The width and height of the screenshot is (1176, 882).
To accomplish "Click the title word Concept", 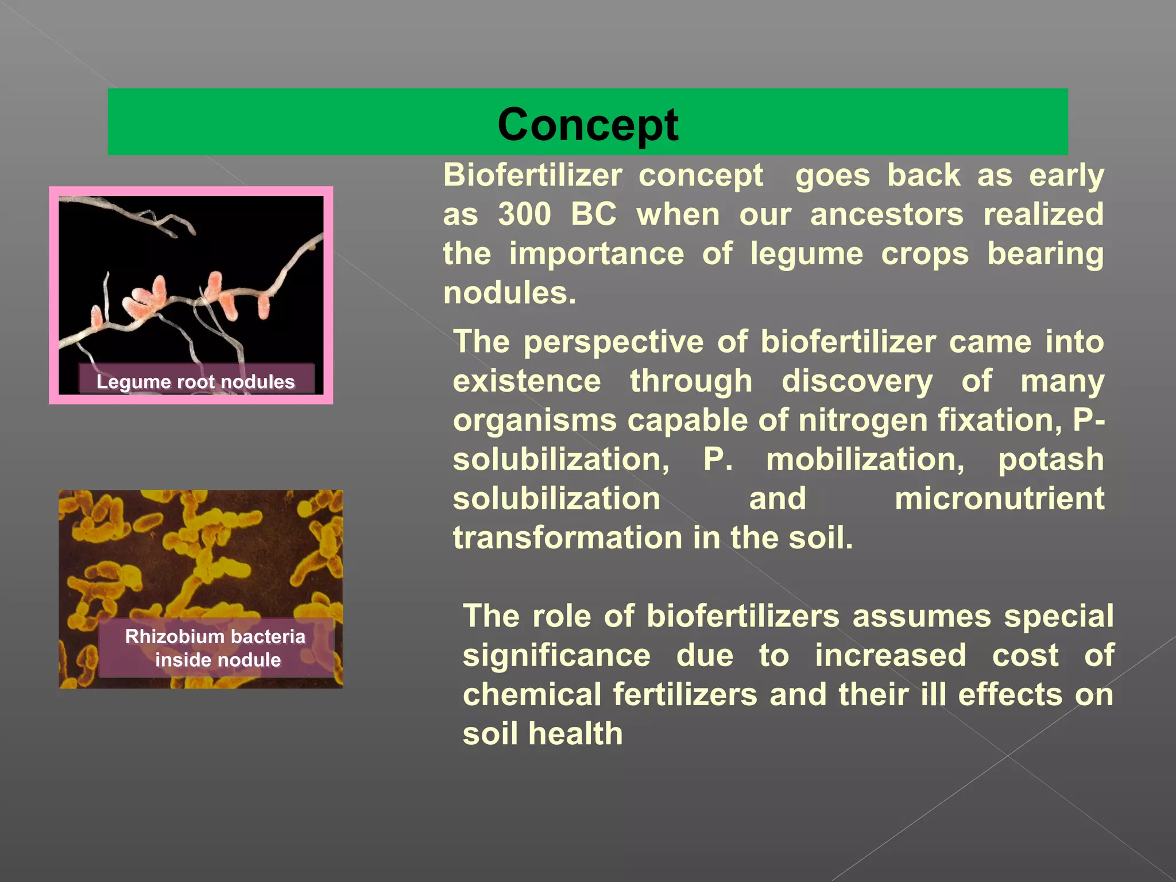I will pos(587,125).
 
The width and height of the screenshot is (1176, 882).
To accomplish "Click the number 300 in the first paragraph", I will pos(524,214).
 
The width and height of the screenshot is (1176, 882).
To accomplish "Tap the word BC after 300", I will pos(593,214).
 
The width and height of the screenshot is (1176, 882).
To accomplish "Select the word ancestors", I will pos(887,214).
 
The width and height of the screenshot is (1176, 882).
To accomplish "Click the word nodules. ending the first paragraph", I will pos(509,293).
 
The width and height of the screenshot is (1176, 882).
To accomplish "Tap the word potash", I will pos(1050,459).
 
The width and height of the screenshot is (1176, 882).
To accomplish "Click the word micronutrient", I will pos(999,498).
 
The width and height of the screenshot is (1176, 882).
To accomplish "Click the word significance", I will pos(556,655).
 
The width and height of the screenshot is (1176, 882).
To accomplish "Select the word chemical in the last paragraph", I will pos(532,694).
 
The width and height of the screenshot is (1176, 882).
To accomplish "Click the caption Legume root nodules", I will pos(195,382).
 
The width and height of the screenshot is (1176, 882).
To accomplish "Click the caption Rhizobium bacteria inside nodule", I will pos(216,648).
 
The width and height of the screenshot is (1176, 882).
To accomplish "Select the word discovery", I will pos(857,381).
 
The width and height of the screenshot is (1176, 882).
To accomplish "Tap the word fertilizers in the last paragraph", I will pos(685,694).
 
